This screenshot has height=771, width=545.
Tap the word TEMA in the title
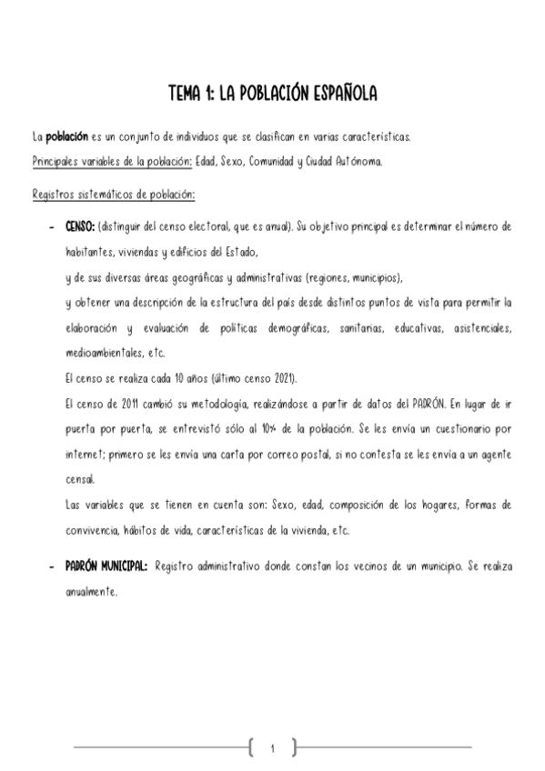187,95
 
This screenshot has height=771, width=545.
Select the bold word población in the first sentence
67,137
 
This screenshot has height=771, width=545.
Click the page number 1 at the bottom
272,747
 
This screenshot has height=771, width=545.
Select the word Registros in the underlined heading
54,194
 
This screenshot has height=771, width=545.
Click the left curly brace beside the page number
247,747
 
